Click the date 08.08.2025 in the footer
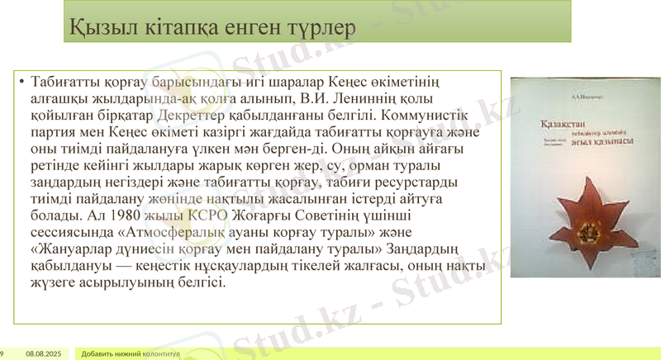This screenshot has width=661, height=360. coord(44,353)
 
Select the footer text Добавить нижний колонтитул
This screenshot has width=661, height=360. coord(131,353)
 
